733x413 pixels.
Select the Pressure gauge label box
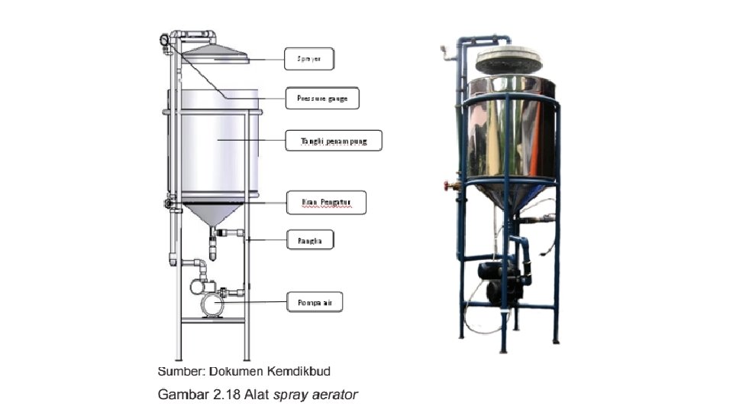click(322, 99)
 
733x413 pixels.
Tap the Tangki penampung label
click(332, 141)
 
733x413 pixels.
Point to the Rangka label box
click(310, 241)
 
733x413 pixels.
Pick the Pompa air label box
click(314, 302)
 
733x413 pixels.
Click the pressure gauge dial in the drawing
click(166, 40)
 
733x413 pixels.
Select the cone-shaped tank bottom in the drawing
click(212, 213)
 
